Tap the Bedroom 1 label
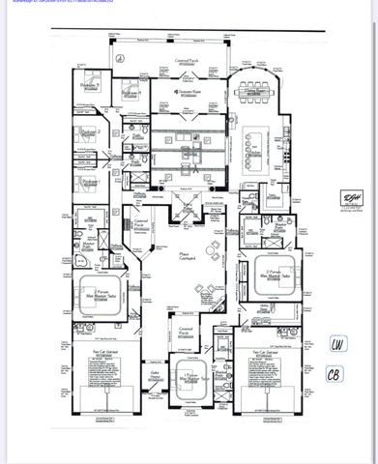point(88,181)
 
